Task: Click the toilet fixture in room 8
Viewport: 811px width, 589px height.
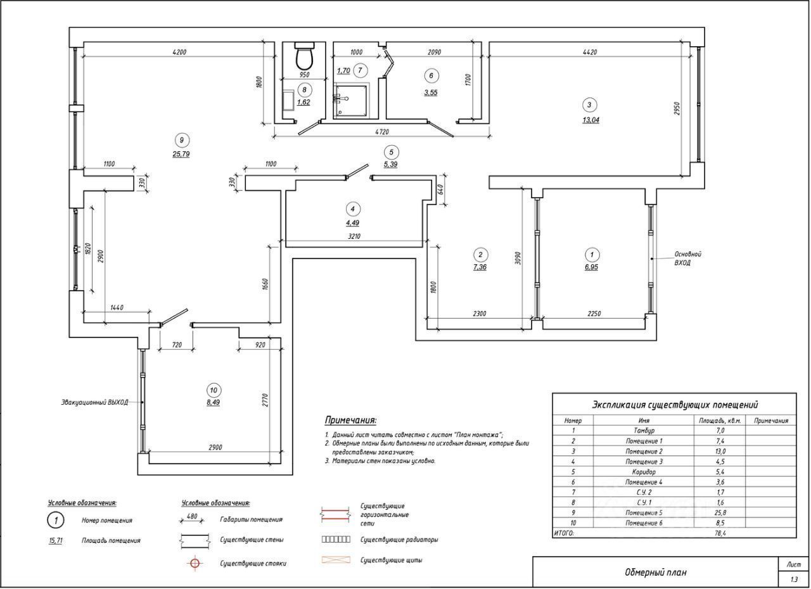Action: click(305, 57)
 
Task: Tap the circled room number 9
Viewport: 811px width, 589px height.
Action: click(181, 140)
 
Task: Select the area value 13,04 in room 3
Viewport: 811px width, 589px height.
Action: click(591, 120)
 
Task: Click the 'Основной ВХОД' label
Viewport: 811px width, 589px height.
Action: click(687, 258)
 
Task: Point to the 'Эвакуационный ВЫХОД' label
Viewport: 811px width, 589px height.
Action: click(94, 402)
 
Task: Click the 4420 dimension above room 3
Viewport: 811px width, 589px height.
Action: click(589, 53)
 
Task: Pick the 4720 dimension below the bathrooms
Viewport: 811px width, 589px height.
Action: click(381, 132)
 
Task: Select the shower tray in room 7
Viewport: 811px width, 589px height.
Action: click(352, 100)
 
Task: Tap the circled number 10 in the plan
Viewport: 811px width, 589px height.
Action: click(213, 389)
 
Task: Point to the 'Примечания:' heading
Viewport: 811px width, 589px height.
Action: click(350, 420)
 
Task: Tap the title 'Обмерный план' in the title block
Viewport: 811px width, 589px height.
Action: click(655, 573)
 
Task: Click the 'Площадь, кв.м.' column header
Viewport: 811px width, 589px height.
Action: click(720, 420)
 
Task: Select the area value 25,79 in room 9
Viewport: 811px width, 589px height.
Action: click(181, 154)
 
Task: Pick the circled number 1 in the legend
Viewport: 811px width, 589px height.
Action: click(56, 521)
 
